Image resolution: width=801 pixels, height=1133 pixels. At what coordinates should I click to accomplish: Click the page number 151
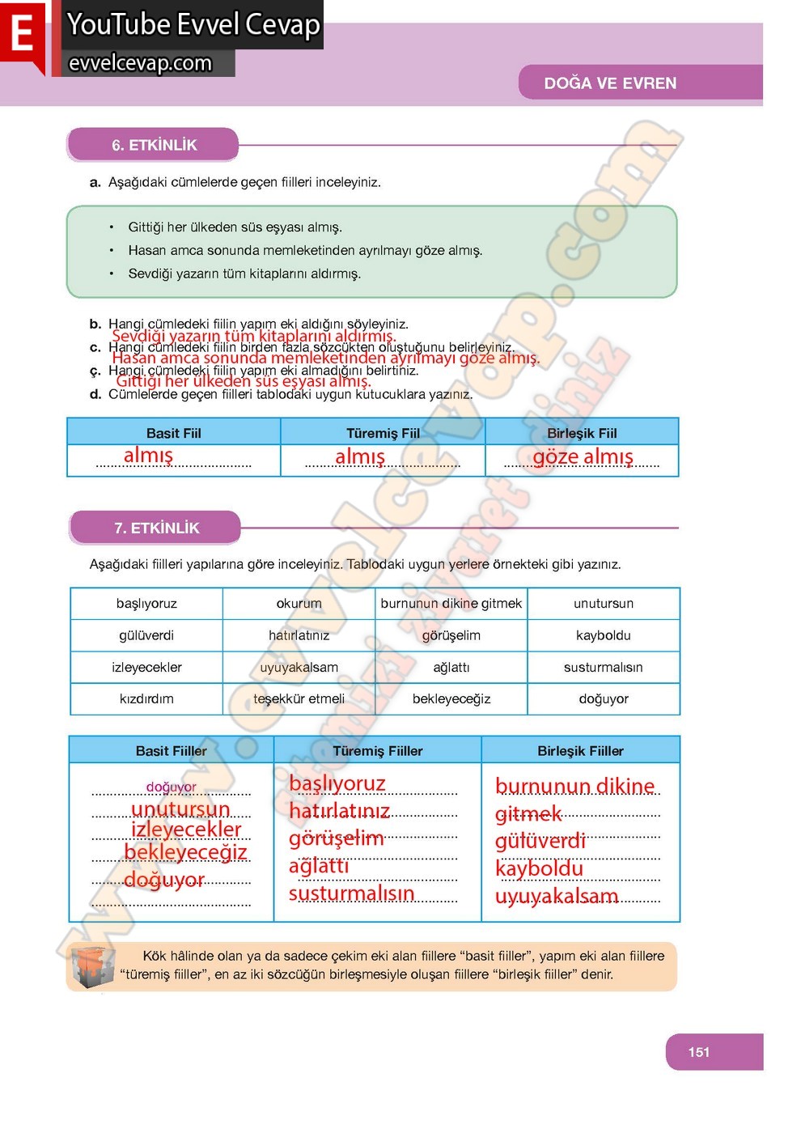[699, 1052]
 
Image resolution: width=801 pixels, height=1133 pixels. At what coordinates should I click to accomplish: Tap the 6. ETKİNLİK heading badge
[154, 145]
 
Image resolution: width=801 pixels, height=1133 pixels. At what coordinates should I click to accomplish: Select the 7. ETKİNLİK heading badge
[156, 528]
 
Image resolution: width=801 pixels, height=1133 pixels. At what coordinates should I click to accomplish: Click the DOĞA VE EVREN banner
[610, 83]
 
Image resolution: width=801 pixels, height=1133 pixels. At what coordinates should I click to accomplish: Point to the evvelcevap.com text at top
[140, 63]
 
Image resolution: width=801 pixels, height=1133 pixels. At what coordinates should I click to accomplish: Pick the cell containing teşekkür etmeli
[299, 698]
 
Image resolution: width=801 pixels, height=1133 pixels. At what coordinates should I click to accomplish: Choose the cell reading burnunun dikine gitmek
[451, 603]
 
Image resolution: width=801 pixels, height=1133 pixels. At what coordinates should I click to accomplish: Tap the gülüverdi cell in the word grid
[146, 635]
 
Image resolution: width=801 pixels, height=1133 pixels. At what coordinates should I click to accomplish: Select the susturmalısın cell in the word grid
[603, 667]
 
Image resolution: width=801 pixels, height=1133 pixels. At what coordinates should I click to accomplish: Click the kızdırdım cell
[146, 698]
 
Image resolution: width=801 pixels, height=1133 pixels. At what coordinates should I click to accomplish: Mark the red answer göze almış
[583, 457]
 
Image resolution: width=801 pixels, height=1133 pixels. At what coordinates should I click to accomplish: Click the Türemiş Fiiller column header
[377, 750]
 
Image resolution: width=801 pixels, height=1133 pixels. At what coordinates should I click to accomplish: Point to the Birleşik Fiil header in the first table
[581, 433]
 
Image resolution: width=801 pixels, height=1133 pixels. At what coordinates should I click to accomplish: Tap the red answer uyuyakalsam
[557, 896]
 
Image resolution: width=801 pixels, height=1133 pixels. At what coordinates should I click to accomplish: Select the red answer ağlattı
[319, 866]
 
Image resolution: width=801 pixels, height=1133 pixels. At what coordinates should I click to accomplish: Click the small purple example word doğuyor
[171, 787]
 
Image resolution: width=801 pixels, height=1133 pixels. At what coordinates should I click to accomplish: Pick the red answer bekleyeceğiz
[185, 852]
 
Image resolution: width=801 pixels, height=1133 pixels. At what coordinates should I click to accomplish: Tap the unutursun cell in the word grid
[603, 603]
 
